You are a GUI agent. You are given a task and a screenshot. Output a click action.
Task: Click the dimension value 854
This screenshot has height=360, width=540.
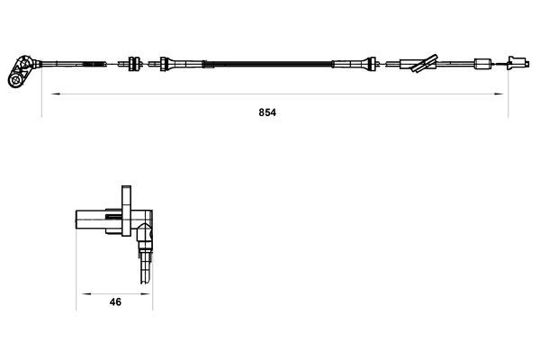coord(267,112)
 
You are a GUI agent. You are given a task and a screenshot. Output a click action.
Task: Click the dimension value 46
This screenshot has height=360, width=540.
coord(115,302)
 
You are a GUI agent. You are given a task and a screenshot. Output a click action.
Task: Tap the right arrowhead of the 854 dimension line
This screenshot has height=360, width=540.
coord(498,94)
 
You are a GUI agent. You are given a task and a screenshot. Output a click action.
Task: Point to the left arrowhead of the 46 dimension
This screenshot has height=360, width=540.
coord(86,294)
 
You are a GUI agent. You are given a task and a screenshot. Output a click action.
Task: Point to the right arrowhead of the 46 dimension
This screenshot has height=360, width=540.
coord(146,294)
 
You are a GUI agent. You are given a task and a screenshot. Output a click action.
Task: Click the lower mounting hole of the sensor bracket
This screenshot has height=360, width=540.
coord(15,80)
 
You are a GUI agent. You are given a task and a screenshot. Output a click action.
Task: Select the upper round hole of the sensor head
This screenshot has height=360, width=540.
coord(24,64)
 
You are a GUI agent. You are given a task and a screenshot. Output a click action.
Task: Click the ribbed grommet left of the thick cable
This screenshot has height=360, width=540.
coord(135,64)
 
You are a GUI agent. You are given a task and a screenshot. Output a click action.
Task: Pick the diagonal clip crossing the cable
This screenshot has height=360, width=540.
coord(425,63)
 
